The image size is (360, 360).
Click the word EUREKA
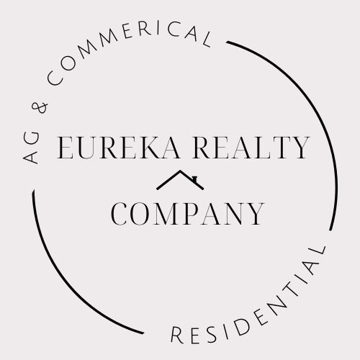click(119, 148)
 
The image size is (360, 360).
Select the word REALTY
click(251, 148)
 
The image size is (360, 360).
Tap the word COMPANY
click(187, 214)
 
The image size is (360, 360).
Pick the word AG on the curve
click(31, 147)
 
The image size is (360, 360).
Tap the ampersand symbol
click(40, 107)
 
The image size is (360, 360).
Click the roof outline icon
click(180, 180)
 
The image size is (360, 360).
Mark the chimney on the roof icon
click(194, 179)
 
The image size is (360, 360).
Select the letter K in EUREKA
click(149, 148)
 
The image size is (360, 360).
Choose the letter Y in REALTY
click(300, 148)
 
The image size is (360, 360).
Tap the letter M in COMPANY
click(167, 214)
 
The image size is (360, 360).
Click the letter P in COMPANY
click(192, 214)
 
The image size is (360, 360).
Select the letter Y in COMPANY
click(255, 214)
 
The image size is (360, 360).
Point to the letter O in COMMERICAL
click(68, 63)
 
